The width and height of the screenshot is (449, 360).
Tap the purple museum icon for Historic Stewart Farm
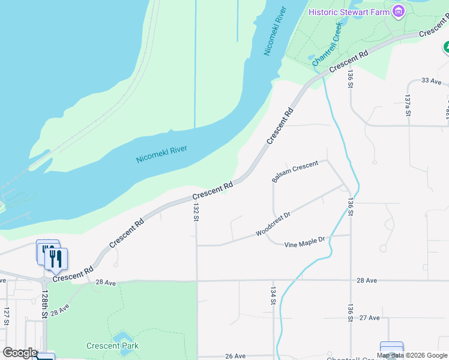[397, 11]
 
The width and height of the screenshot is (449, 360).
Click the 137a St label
[408, 105]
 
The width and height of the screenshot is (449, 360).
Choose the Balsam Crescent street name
[295, 171]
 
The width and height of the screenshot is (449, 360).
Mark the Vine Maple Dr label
[304, 242]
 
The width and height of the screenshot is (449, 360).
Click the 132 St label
[196, 212]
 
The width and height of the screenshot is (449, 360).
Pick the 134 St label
[273, 295]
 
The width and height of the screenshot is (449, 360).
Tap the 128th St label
[44, 305]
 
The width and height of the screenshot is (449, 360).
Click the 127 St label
[7, 316]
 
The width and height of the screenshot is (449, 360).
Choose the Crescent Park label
[112, 346]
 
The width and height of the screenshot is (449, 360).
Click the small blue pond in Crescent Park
[122, 336]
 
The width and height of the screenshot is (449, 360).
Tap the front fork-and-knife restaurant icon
[56, 258]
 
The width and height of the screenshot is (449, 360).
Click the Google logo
[20, 353]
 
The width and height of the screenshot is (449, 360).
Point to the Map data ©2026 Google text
[412, 355]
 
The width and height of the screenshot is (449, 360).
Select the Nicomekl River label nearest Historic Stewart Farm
[276, 31]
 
